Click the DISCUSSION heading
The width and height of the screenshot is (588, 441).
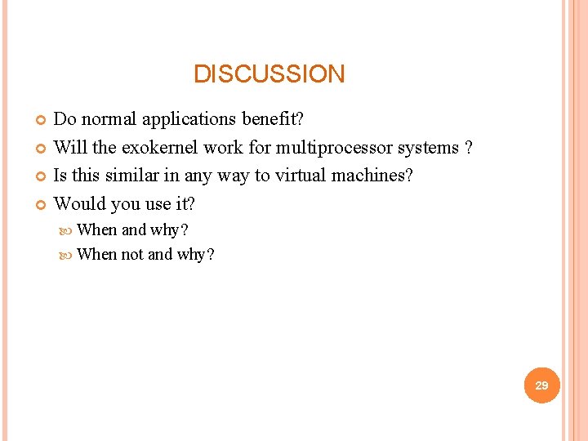[269, 74]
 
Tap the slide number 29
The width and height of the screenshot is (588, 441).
[541, 385]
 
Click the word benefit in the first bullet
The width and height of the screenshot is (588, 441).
[272, 119]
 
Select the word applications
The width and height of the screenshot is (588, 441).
[190, 119]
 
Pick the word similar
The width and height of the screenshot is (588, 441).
[130, 176]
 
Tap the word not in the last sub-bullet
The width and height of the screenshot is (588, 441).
[132, 254]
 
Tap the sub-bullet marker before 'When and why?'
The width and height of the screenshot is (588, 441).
[68, 230]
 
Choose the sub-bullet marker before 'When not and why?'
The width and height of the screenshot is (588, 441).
[68, 255]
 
